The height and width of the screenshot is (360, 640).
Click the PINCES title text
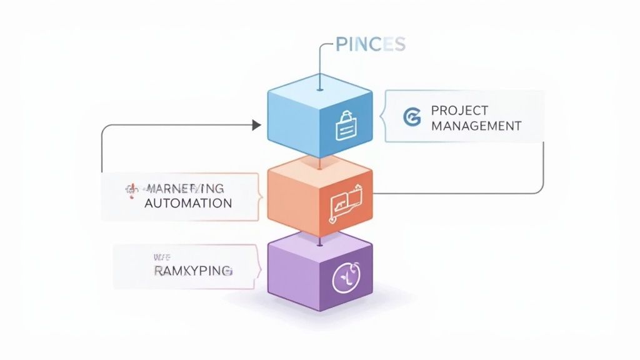coord(371,44)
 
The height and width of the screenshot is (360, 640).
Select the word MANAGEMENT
coord(476,126)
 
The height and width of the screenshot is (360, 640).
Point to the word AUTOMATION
coord(188,203)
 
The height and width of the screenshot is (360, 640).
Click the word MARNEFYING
coord(185,188)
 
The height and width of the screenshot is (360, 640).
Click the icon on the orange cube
coord(345,201)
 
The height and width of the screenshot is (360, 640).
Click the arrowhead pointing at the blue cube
coord(256,125)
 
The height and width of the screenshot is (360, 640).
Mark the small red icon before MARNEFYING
coord(132,189)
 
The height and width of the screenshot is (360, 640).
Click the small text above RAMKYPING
coord(161,256)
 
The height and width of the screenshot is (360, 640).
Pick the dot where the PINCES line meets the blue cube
coord(319,89)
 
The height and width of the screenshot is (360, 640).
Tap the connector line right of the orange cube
coord(456,193)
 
